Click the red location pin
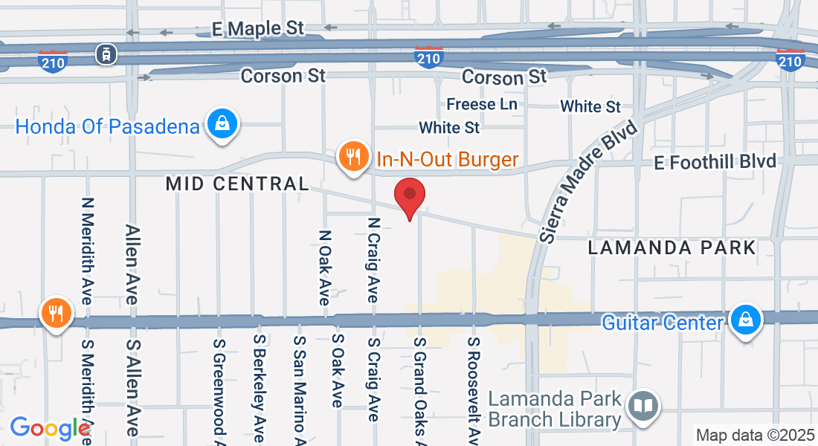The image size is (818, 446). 409,197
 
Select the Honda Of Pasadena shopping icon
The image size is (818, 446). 222,124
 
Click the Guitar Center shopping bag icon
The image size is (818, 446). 744,320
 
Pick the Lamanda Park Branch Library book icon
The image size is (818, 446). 643,406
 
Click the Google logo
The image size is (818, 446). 49,428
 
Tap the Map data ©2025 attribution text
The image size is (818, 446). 754,435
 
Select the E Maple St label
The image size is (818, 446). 258,29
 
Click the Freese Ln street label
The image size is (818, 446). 482,104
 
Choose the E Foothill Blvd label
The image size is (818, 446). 715,161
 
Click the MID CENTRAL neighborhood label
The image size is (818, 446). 236,184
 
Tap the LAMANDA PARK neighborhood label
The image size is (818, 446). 672,248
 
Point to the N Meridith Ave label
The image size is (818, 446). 88,250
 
